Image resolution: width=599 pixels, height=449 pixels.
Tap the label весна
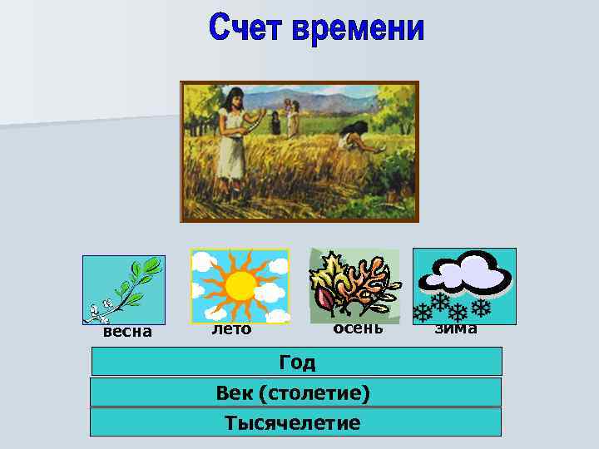(x=126, y=332)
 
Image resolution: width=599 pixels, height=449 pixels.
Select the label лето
(x=230, y=329)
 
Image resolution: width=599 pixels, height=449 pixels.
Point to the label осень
(x=358, y=328)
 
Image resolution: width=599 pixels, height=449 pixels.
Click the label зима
(x=457, y=328)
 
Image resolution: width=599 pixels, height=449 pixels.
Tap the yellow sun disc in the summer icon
(x=240, y=285)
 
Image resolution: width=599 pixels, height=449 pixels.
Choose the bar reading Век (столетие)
(x=295, y=392)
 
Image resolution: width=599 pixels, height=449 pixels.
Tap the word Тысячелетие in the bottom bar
(x=293, y=422)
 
